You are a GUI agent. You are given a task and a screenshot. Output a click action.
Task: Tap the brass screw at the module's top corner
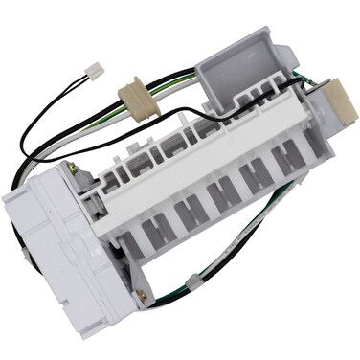(72, 170)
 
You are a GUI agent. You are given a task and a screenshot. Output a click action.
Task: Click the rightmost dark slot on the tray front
(286, 157)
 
